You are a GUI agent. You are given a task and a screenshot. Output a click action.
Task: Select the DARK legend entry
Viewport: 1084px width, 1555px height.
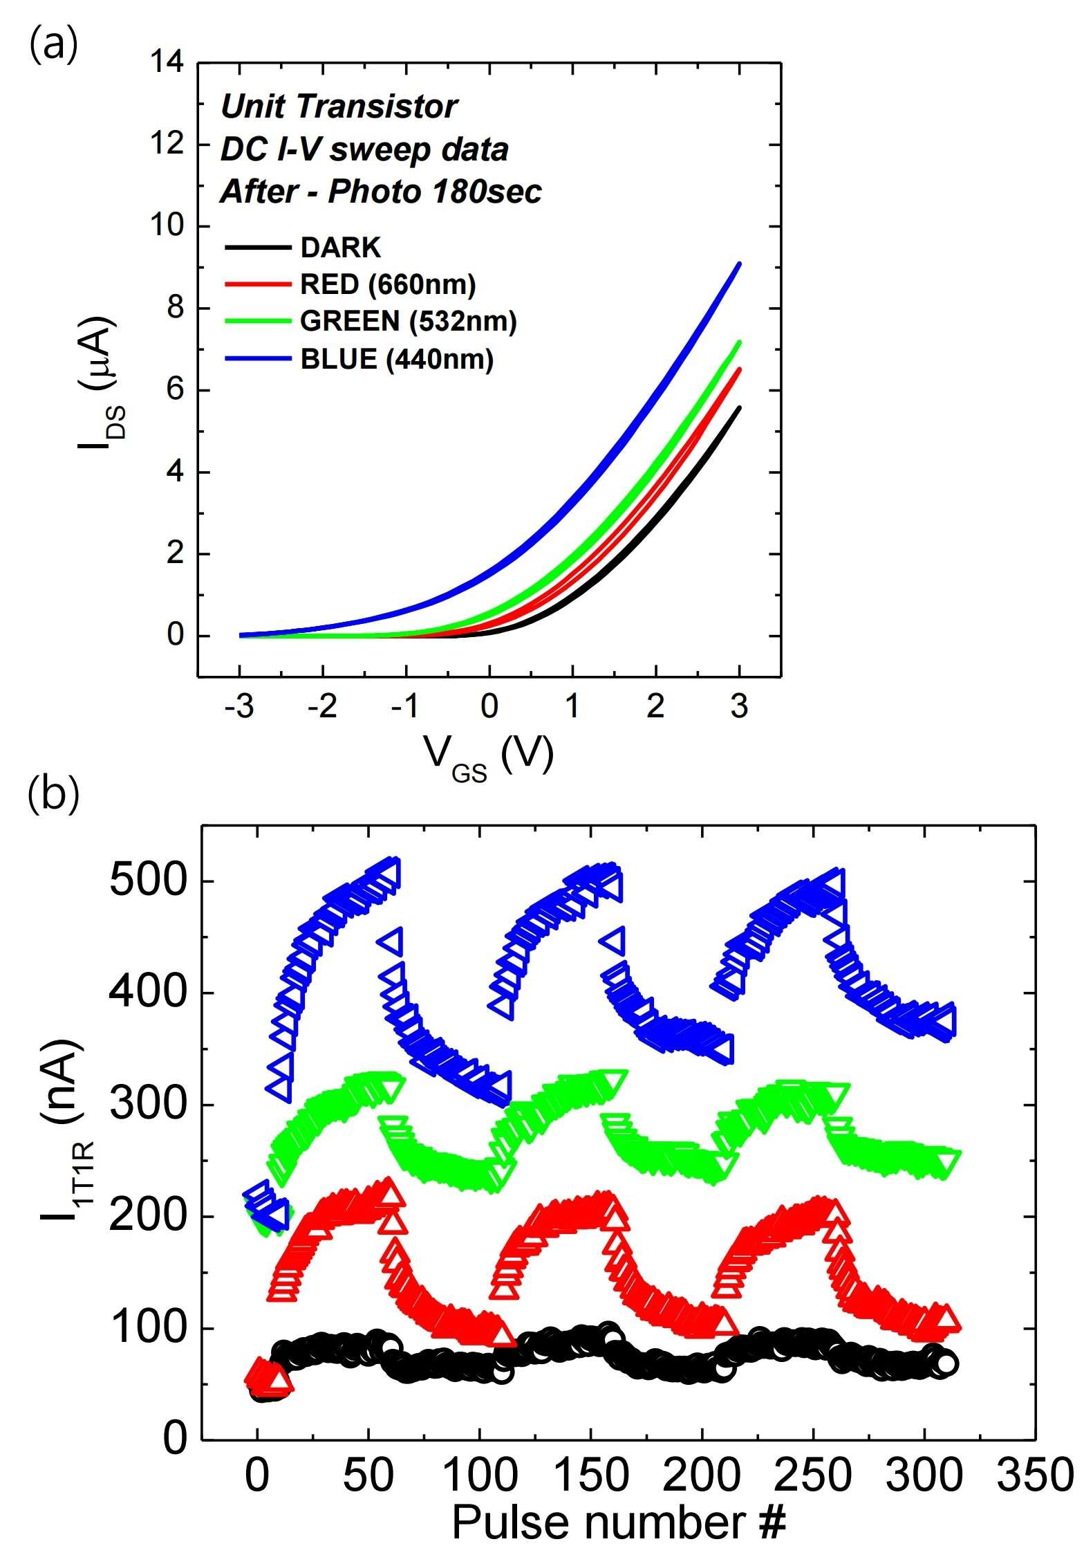(303, 247)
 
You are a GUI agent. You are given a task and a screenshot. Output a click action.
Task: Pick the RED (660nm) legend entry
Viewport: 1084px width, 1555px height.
(351, 284)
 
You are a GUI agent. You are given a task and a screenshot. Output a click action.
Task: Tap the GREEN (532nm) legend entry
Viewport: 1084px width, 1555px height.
(371, 321)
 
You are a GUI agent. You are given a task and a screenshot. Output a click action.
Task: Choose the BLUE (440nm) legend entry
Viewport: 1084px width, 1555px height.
(359, 358)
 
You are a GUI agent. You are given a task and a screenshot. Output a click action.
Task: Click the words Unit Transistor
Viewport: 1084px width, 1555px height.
(339, 107)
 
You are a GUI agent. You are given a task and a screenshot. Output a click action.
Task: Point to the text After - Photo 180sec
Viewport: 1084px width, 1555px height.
(381, 192)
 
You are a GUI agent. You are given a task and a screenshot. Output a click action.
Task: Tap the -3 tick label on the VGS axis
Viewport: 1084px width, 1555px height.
(239, 706)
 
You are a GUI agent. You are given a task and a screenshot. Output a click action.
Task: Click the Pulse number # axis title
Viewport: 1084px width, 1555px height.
(619, 1522)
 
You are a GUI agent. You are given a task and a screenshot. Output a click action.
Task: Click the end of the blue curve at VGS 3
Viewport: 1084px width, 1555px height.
(740, 263)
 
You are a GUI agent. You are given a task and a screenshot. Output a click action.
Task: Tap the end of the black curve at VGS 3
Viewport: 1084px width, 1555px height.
(740, 407)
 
